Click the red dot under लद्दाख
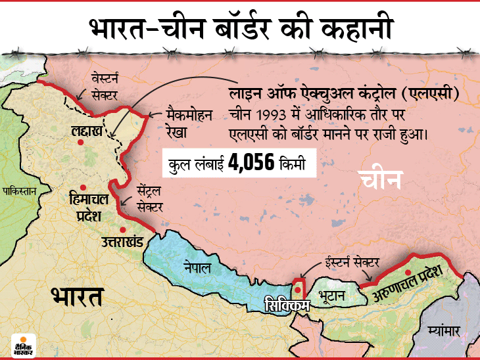81,141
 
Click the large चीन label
381,182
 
